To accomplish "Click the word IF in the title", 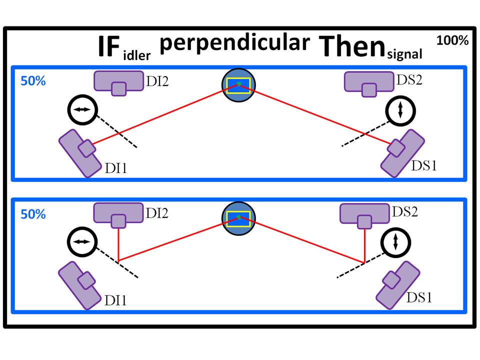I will pyautogui.click(x=108, y=48).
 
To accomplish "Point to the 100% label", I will pyautogui.click(x=452, y=41).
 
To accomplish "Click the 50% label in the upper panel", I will pyautogui.click(x=33, y=81).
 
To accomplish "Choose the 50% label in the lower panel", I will pyautogui.click(x=33, y=214).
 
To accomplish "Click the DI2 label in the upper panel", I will pyautogui.click(x=157, y=80).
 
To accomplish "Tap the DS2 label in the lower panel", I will pyautogui.click(x=405, y=212).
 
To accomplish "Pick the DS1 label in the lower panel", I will pyautogui.click(x=418, y=297).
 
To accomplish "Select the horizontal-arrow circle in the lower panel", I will pyautogui.click(x=81, y=241).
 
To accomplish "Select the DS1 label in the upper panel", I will pyautogui.click(x=423, y=165).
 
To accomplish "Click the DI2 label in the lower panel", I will pyautogui.click(x=156, y=213).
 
